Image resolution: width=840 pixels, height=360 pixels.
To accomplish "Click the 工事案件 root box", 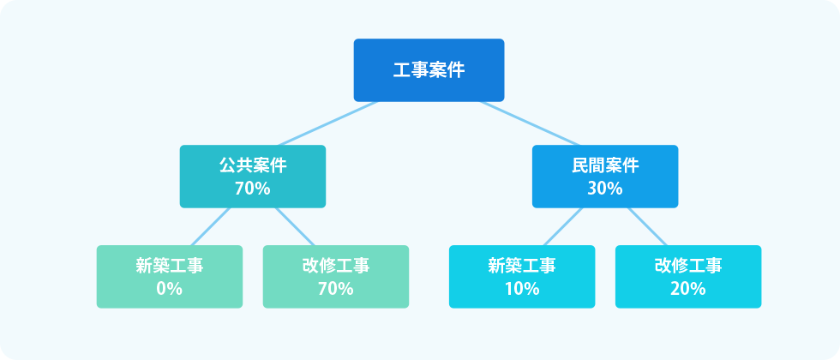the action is pos(429,69).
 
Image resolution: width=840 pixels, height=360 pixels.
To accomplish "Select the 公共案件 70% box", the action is pos(252,177).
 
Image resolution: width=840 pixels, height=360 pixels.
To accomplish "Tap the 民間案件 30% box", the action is pos(605,177).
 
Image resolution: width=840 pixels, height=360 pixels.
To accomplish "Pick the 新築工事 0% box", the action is pos(170,276).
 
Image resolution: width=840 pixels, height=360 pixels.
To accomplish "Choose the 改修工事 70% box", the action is pos(336,276).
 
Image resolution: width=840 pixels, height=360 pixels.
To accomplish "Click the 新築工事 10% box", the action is pos(522,276).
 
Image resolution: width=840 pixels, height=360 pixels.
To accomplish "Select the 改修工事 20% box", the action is pos(688,276).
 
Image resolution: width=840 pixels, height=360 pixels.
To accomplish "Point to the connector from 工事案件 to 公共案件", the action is pos(327,123).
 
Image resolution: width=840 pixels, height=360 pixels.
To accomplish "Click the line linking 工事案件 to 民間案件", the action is pos(530,123).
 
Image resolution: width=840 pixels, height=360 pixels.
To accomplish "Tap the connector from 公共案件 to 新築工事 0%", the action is pos(210,226).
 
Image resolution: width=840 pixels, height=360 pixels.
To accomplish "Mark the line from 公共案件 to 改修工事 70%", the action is pos(295,226).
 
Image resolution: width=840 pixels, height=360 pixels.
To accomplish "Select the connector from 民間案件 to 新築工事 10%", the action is pos(562,226).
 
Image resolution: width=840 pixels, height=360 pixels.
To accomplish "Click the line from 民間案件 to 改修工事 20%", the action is pos(647,226).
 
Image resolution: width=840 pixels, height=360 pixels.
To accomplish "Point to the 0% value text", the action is pos(170,289).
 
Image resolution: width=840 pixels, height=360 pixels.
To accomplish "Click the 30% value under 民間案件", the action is pos(605,189).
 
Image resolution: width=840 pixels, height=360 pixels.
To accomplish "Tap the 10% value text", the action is pos(522,289).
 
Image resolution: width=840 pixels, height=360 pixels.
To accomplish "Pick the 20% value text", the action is pos(688,289).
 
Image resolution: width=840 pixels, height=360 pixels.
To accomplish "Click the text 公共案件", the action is pos(252,165).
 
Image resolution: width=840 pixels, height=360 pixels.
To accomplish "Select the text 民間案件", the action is pos(605,165).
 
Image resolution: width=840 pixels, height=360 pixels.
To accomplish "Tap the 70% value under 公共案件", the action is pos(252,189).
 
